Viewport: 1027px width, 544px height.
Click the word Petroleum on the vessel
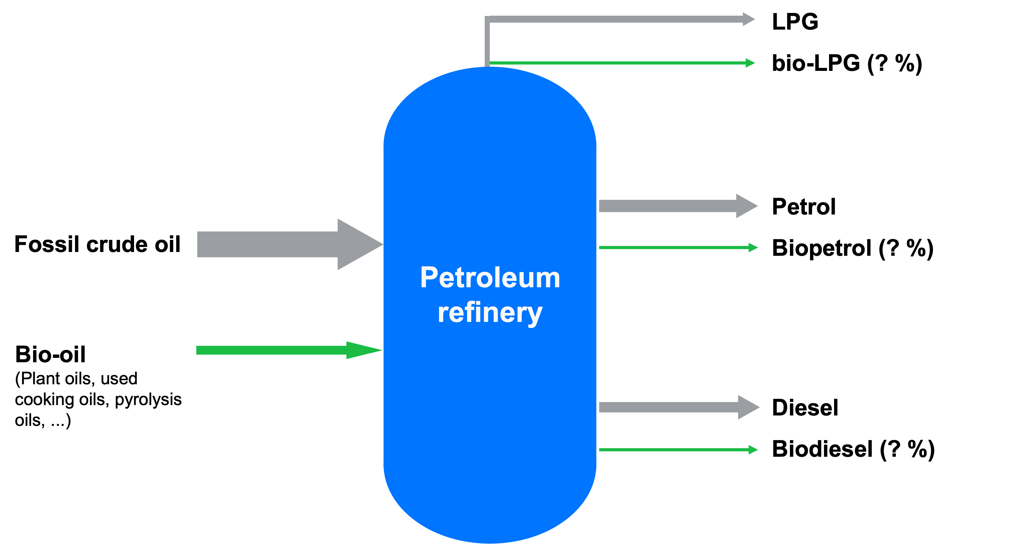[x=490, y=278]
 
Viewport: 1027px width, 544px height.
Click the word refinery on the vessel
[x=490, y=313]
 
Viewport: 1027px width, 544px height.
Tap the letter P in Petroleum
[x=429, y=278]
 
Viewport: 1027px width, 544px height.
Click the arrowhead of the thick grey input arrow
[x=359, y=244]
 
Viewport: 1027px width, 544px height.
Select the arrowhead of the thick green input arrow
[x=363, y=350]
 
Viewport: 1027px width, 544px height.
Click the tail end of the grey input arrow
[x=199, y=244]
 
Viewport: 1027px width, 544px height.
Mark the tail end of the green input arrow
[x=198, y=350]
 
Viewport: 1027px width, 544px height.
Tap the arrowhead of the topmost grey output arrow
[x=748, y=19]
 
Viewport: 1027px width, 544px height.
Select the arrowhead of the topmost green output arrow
[x=750, y=63]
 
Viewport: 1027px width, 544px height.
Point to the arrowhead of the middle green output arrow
[x=753, y=248]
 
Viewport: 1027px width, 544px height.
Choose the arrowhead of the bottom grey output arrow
[x=748, y=407]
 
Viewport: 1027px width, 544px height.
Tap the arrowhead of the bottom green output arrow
[x=753, y=450]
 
